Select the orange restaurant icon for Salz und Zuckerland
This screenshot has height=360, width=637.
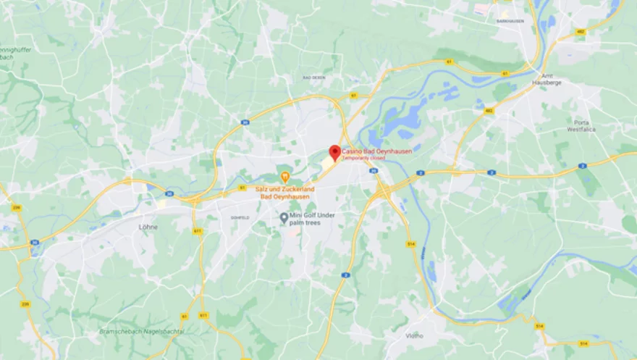(285, 176)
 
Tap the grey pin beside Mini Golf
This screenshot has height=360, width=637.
(284, 217)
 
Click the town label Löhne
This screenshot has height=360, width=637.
(148, 227)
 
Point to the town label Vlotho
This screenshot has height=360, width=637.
(415, 335)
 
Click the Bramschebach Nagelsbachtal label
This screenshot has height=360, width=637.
(141, 331)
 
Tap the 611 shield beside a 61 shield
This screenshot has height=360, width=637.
(203, 316)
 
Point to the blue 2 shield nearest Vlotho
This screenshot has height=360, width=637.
(346, 275)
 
